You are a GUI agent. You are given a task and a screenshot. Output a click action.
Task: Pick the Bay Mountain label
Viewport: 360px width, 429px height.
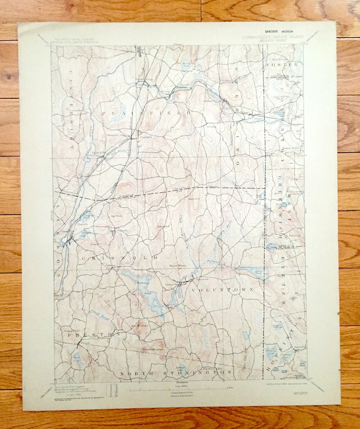(x=140, y=325)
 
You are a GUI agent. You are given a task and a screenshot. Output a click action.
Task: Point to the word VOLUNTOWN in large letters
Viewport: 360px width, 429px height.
(x=222, y=290)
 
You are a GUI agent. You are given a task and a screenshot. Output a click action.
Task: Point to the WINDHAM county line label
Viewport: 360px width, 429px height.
(x=128, y=195)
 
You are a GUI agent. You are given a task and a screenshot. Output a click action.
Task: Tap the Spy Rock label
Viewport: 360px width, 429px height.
(x=115, y=216)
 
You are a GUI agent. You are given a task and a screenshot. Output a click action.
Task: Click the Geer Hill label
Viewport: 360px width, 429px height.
(x=96, y=244)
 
